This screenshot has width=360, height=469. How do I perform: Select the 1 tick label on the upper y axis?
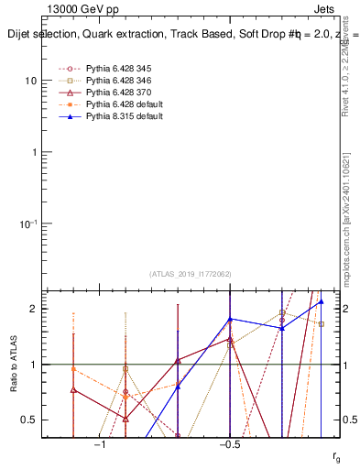point(33,152)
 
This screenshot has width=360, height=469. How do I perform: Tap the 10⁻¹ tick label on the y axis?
point(27,224)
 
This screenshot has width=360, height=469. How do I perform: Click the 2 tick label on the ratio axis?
point(33,309)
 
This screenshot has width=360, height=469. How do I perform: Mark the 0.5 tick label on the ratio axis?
point(28,420)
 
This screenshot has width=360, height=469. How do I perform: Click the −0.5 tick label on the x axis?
point(229,445)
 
